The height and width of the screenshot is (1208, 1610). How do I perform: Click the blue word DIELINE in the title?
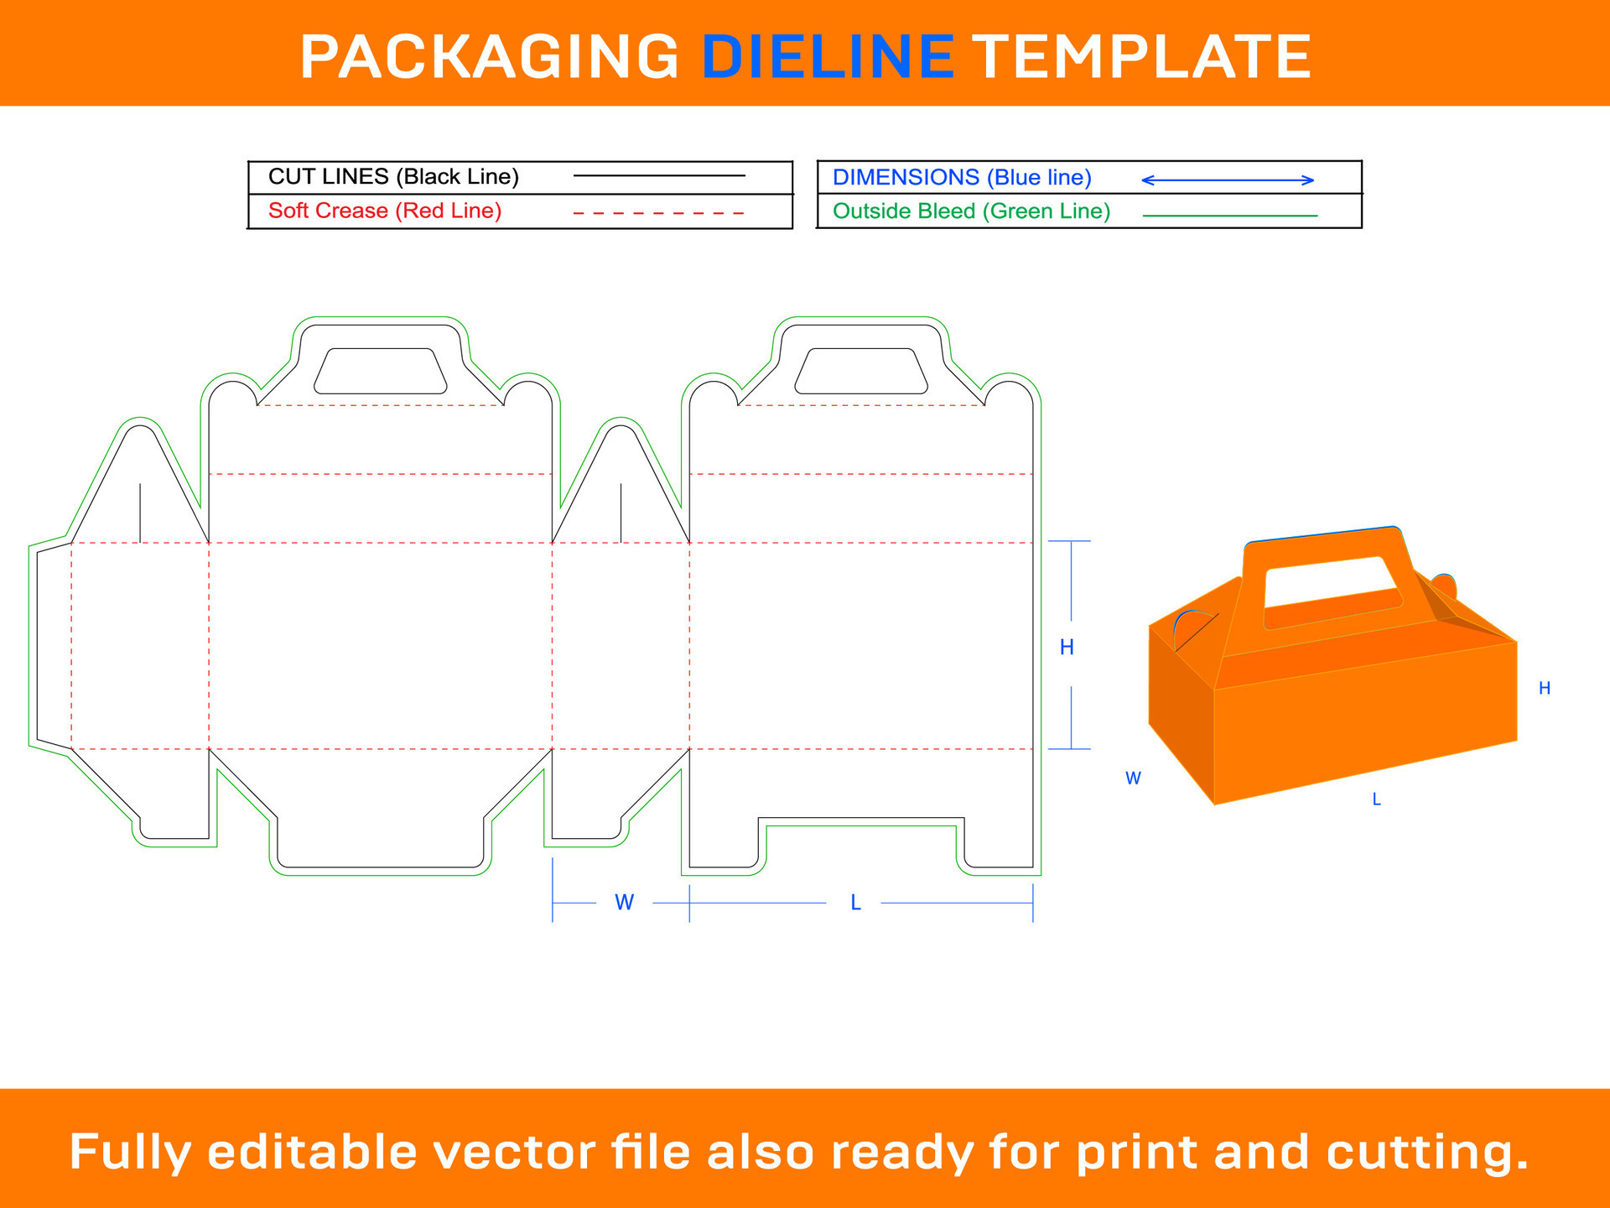828,57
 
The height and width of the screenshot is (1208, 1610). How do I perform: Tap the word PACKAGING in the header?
490,57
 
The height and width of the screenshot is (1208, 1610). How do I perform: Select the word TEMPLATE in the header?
1141,57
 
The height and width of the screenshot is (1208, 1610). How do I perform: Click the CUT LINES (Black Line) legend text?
393,177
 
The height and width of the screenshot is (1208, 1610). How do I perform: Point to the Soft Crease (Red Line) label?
385,211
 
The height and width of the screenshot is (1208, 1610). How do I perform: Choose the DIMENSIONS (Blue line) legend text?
962,178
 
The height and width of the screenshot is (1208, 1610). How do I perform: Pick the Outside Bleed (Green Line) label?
971,211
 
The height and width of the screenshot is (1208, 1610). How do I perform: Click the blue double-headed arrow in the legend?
1228,180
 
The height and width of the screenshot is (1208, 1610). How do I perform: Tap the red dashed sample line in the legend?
658,213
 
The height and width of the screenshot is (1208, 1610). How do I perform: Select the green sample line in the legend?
1230,216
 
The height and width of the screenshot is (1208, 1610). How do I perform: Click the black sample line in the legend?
658,175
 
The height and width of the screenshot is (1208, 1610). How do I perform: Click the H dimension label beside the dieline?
1067,647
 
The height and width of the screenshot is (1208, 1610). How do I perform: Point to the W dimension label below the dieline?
624,903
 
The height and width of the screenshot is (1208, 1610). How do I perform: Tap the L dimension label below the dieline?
855,903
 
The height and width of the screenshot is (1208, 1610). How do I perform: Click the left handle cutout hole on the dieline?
380,372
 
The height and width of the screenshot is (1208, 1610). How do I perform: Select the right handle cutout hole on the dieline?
860,372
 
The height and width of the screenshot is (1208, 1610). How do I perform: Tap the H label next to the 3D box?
1544,689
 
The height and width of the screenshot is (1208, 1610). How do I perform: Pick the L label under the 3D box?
1376,799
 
